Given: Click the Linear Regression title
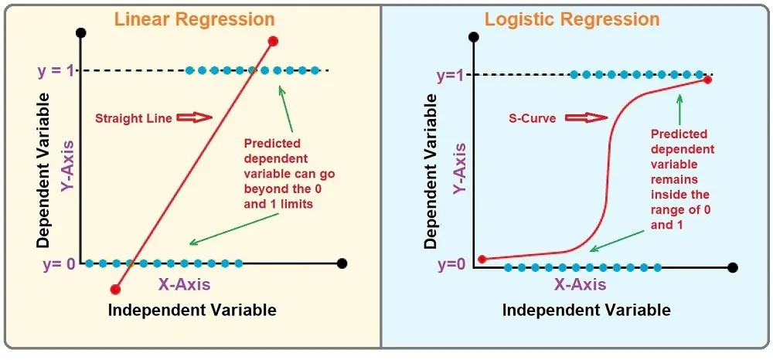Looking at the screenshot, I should pos(194,19).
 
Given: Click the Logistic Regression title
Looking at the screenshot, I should pos(572,19).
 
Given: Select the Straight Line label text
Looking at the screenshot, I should pos(128,119).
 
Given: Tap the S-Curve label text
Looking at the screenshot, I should pos(532,119).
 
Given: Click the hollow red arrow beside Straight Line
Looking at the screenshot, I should pos(193,118).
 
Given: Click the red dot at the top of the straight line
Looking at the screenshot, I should pos(273,41).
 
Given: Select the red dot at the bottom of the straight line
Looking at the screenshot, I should pos(115,289).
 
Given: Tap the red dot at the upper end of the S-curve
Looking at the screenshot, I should pos(707,80).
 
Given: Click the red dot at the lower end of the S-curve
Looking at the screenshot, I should pos(482,259).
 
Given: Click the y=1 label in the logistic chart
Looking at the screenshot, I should pos(453,76).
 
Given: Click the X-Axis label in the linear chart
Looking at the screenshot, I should pos(184,284).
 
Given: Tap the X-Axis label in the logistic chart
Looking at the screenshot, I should pos(581,284).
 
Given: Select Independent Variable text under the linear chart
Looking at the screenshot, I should pos(192,311).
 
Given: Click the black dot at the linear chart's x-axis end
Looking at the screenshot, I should pos(342,263).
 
